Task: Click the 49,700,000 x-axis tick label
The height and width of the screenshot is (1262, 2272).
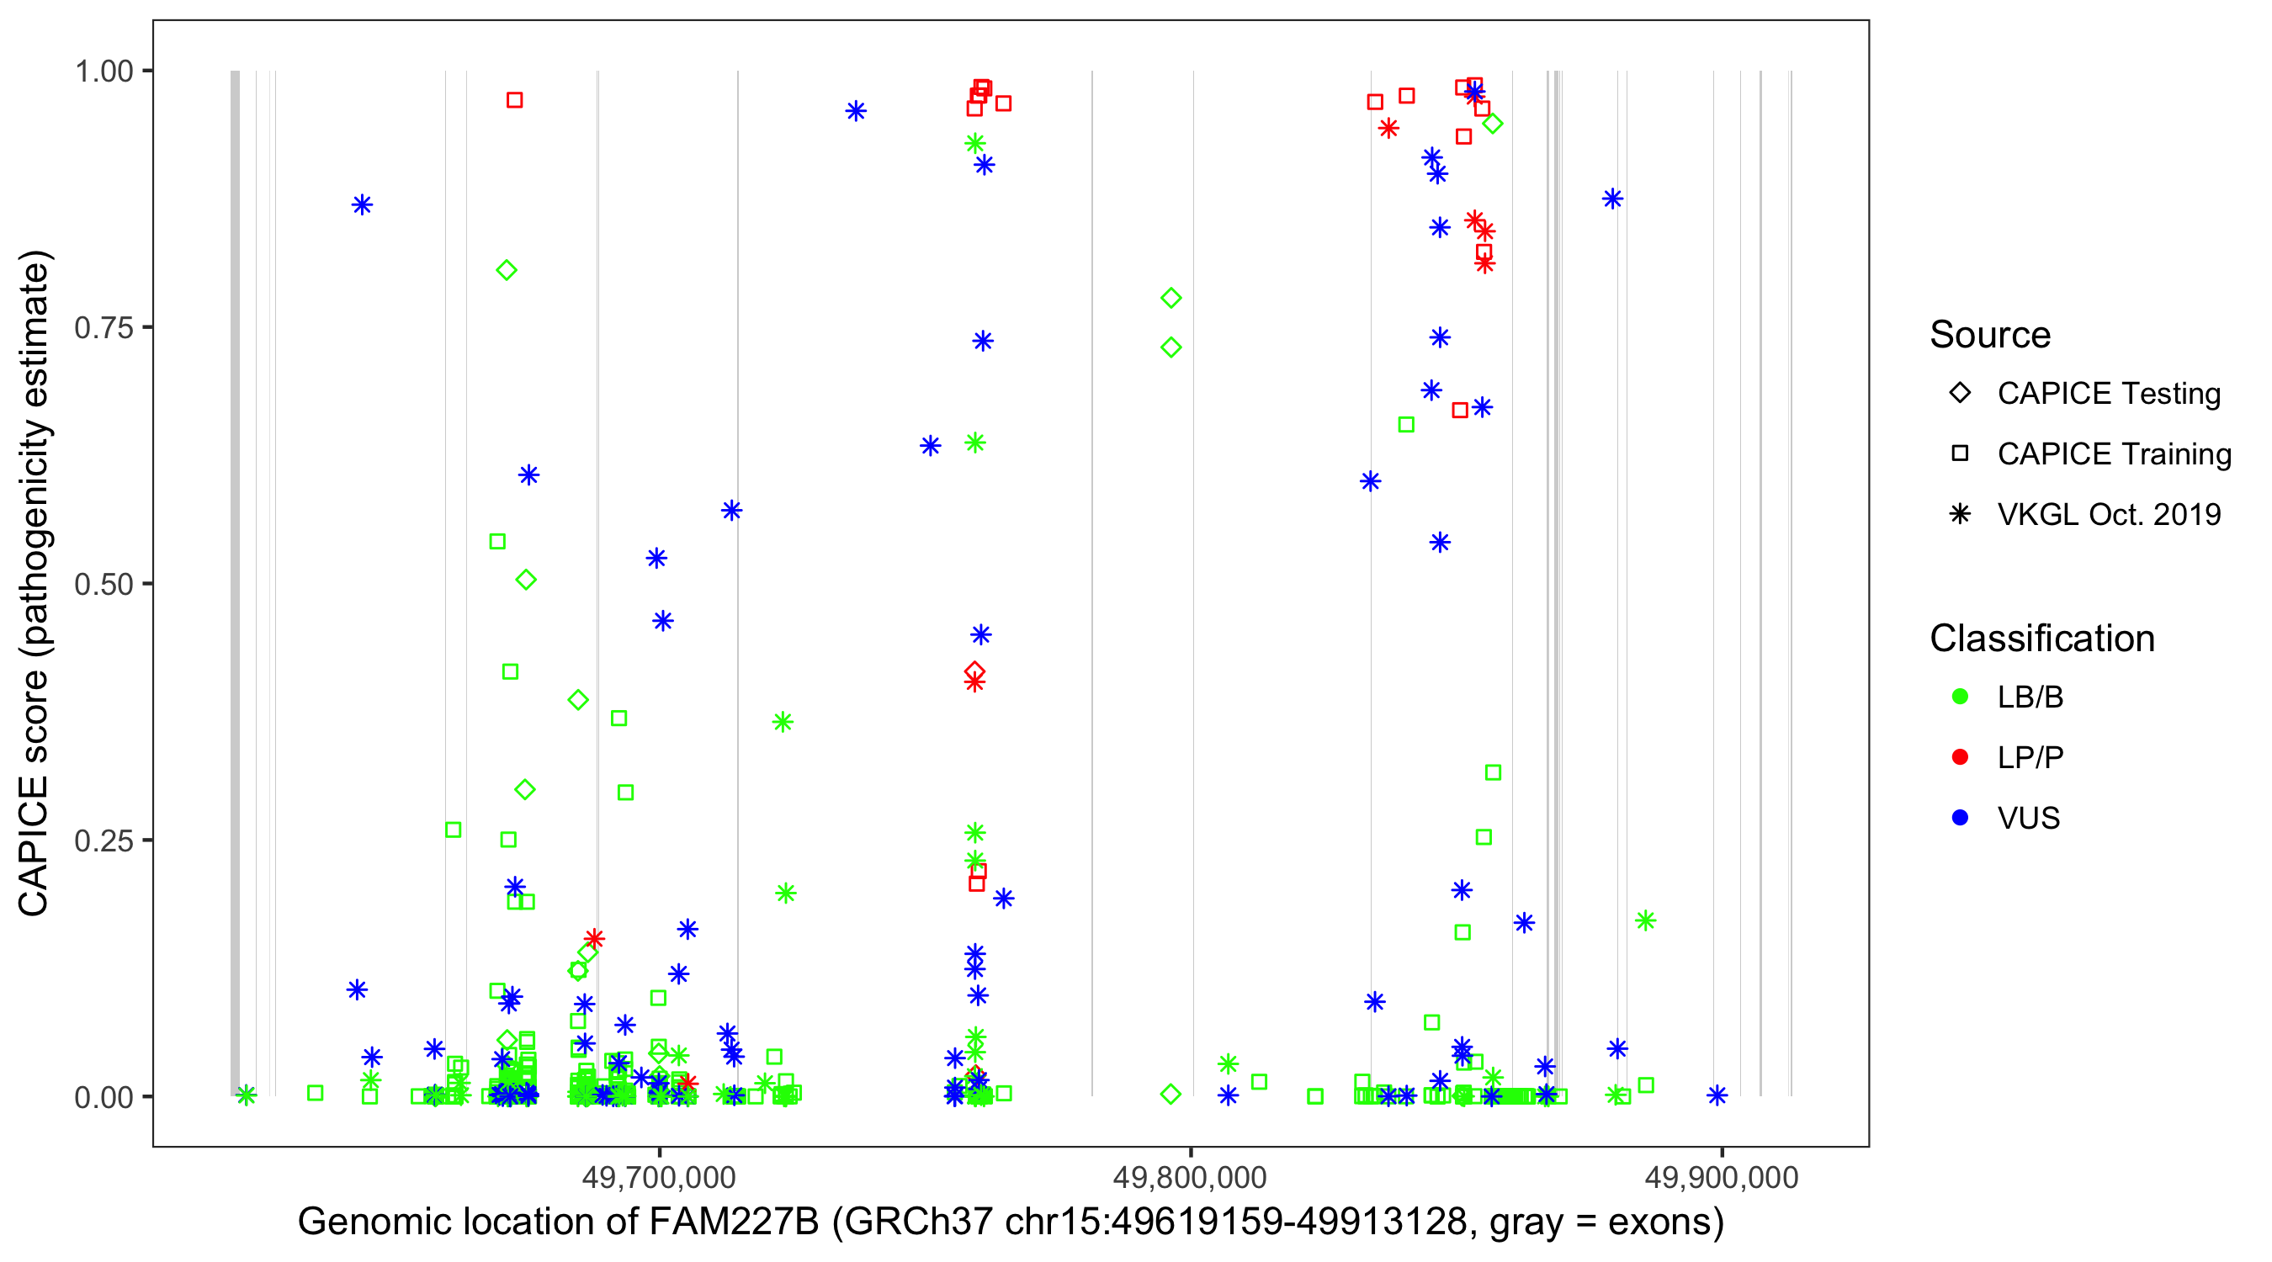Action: pyautogui.click(x=659, y=1177)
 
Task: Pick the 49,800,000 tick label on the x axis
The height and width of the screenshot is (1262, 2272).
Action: pyautogui.click(x=1190, y=1177)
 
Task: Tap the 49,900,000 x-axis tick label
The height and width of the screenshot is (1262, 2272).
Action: pyautogui.click(x=1721, y=1177)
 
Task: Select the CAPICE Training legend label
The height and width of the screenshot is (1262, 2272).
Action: pyautogui.click(x=2113, y=454)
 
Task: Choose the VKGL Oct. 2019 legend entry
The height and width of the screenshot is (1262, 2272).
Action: pyautogui.click(x=2108, y=514)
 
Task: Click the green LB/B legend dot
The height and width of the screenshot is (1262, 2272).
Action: pyautogui.click(x=1960, y=697)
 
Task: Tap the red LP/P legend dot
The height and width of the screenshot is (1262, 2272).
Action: pyautogui.click(x=1960, y=757)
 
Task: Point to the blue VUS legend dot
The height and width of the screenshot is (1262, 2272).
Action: pyautogui.click(x=1960, y=818)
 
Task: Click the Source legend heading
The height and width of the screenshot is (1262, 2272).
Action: pyautogui.click(x=1990, y=335)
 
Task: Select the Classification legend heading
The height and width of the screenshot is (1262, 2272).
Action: pyautogui.click(x=2041, y=639)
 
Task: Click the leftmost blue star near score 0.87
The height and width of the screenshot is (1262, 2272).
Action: pyautogui.click(x=362, y=204)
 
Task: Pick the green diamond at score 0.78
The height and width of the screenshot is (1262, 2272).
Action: pyautogui.click(x=1171, y=298)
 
